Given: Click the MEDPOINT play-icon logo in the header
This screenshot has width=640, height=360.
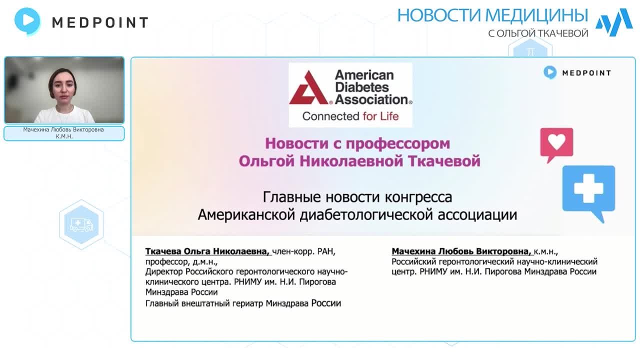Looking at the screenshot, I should (27, 21).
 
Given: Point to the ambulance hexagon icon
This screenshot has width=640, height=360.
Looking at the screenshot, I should (81, 224).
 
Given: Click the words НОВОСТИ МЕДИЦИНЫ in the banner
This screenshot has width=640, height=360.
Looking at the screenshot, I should (492, 15).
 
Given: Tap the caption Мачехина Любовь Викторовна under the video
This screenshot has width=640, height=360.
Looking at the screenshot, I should (63, 129).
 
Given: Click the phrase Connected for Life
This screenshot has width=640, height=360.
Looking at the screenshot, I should (350, 116).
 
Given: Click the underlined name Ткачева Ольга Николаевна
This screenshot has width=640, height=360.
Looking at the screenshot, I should (207, 251).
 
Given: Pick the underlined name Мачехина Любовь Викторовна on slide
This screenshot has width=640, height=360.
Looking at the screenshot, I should (461, 251).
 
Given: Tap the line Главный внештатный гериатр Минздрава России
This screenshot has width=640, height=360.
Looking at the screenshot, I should (243, 303).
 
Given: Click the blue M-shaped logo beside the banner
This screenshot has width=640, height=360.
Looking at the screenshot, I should (613, 22).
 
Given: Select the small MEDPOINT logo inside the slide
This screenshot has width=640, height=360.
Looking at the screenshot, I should (577, 73).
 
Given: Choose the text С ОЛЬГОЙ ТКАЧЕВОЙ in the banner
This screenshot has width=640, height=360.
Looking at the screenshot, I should (538, 33).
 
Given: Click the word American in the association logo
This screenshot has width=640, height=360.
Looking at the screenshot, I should (364, 75).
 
